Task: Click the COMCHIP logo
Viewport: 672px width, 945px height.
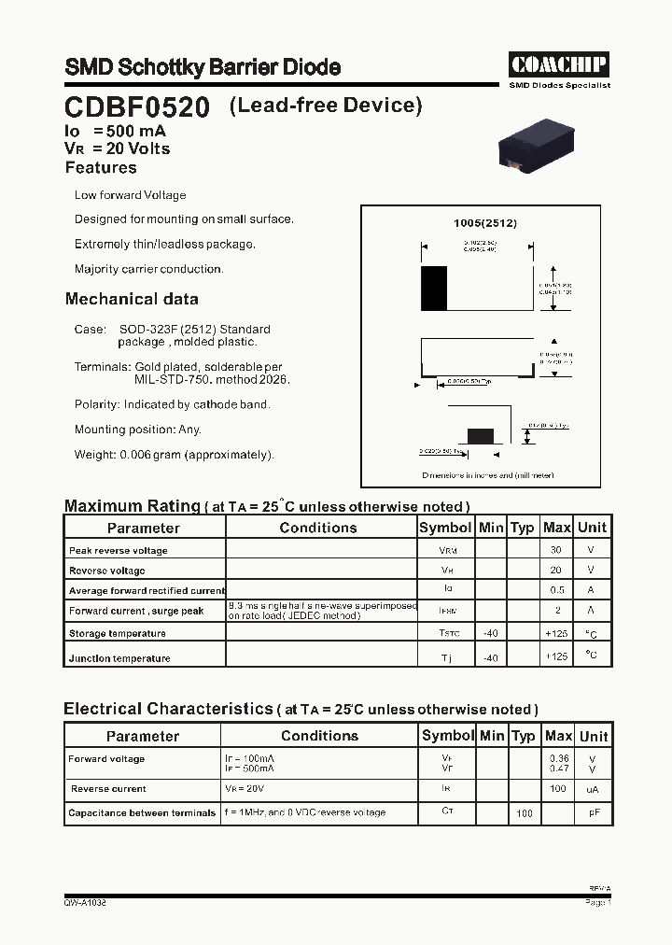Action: (x=559, y=64)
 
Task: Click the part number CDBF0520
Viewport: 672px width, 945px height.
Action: (x=137, y=107)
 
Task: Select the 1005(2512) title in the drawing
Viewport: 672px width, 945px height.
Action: (x=484, y=223)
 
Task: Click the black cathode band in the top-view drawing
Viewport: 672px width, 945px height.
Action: (x=434, y=289)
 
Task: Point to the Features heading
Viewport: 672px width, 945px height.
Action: (x=101, y=168)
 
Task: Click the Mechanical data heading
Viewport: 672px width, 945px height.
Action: (x=132, y=300)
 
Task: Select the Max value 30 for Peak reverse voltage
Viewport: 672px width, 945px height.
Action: (x=557, y=550)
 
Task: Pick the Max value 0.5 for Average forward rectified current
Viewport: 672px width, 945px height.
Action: (x=557, y=590)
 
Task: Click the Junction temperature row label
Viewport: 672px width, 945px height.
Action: (x=119, y=658)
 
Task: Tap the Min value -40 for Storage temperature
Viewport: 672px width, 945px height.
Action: (x=490, y=633)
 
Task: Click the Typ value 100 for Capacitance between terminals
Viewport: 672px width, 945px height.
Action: (x=525, y=813)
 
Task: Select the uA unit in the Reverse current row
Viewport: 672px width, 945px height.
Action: (x=592, y=790)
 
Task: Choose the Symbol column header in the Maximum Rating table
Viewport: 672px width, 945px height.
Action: (x=445, y=528)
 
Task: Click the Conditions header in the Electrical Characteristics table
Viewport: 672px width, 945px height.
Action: (x=319, y=736)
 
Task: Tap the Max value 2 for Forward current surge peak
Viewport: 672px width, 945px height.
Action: (x=557, y=611)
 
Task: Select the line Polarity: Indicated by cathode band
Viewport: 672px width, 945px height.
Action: (x=172, y=404)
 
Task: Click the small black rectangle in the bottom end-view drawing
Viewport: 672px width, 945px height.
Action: (x=480, y=435)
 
